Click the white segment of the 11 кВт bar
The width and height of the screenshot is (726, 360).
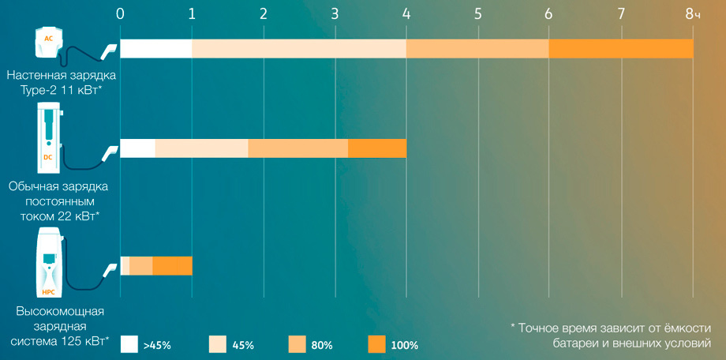coord(156,49)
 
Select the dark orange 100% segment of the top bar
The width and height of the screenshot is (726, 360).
coord(621,49)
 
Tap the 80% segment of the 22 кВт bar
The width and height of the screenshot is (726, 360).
coord(298,148)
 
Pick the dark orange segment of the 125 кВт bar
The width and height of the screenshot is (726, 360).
coord(172,265)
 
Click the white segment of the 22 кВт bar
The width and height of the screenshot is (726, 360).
coord(138,148)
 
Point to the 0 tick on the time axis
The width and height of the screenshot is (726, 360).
coord(121,14)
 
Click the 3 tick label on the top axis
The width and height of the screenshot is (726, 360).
coord(335,14)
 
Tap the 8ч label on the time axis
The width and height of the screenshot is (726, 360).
coord(692,14)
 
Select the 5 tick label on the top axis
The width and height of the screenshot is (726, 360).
coord(477,14)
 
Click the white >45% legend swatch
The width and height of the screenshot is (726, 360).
coord(129,345)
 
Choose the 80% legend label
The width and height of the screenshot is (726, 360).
coord(323,345)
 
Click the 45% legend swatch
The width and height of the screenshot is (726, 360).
coord(217,345)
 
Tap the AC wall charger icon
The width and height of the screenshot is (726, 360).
coord(49,42)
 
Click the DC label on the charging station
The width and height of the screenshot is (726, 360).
coord(47,157)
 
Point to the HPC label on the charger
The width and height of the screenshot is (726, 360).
coord(49,292)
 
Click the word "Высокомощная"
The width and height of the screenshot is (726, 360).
coord(60,311)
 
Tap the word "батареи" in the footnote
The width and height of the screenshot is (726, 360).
coord(574,343)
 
